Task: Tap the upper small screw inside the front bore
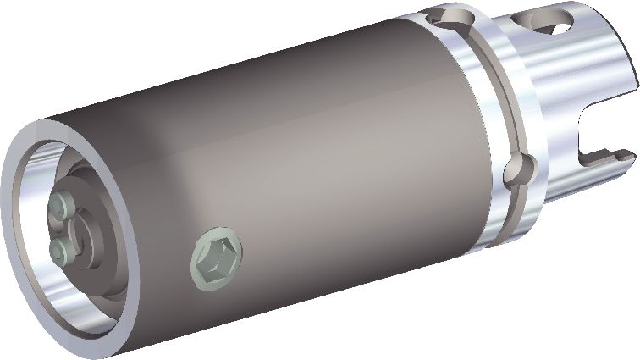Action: [60, 203]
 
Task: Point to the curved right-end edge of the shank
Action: [631, 59]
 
